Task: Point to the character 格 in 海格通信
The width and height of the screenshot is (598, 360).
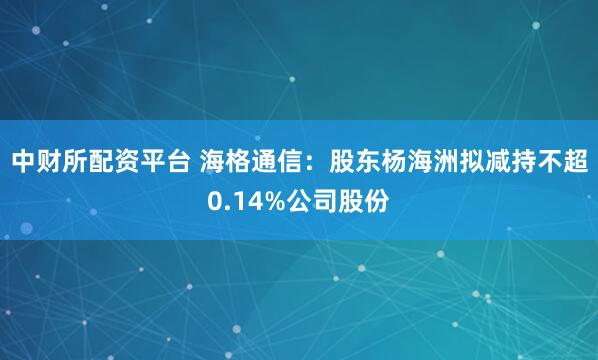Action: click(x=236, y=159)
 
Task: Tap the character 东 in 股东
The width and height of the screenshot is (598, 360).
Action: click(x=366, y=159)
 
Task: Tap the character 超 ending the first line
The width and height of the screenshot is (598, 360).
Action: click(x=575, y=159)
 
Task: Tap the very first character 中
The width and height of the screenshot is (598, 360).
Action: click(x=21, y=159)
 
